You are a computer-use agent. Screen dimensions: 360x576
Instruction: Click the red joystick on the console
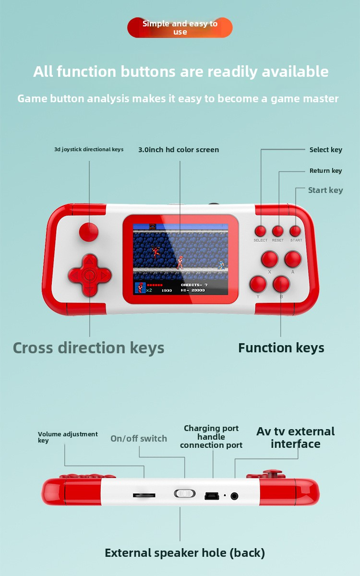click(x=89, y=232)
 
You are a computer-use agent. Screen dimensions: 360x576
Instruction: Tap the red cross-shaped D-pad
click(x=89, y=276)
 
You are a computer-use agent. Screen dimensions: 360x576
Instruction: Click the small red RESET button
click(x=278, y=231)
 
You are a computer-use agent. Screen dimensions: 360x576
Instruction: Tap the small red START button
click(x=295, y=231)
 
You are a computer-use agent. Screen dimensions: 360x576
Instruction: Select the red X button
click(x=270, y=259)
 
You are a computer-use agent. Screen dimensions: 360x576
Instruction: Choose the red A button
click(x=293, y=259)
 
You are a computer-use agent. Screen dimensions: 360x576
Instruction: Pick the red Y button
click(x=258, y=284)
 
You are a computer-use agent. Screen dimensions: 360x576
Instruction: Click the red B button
click(x=281, y=284)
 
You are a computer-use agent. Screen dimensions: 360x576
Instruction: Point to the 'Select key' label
click(x=326, y=150)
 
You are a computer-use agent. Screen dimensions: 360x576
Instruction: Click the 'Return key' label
click(x=325, y=171)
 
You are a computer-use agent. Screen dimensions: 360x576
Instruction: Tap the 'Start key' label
click(x=325, y=190)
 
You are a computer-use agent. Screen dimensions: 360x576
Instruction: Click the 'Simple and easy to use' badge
click(x=180, y=27)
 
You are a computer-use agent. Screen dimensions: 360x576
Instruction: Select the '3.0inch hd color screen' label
click(x=179, y=150)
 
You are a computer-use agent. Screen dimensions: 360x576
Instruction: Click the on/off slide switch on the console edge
click(x=185, y=493)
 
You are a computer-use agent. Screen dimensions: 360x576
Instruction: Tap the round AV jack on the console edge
click(x=234, y=496)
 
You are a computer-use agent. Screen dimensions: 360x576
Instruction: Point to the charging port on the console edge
click(x=212, y=496)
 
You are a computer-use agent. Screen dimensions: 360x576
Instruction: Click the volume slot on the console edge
click(x=144, y=495)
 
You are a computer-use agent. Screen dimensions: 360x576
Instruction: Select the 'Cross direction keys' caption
click(x=88, y=348)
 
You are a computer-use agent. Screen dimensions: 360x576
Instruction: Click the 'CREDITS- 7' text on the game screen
click(x=194, y=285)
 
